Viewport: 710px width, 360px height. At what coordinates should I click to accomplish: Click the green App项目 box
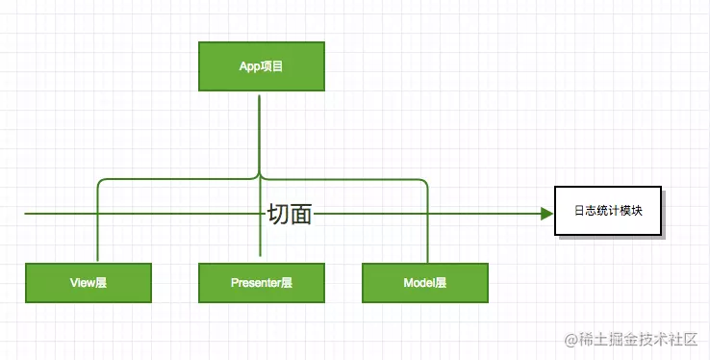tap(261, 67)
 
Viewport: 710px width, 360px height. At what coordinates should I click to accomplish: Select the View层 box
tap(89, 283)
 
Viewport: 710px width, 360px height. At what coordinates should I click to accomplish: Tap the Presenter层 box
tap(261, 283)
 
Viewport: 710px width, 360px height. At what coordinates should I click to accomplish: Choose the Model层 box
tap(425, 283)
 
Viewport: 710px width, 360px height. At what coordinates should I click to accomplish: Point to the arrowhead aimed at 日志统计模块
tap(545, 213)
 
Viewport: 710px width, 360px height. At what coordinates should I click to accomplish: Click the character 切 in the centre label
tap(278, 215)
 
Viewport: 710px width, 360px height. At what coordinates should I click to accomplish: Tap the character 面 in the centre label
tap(301, 215)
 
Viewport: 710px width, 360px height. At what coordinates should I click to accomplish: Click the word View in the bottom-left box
tap(81, 283)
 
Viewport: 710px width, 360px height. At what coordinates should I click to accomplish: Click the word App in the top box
tap(249, 67)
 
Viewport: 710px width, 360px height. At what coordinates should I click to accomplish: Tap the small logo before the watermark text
tap(572, 340)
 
